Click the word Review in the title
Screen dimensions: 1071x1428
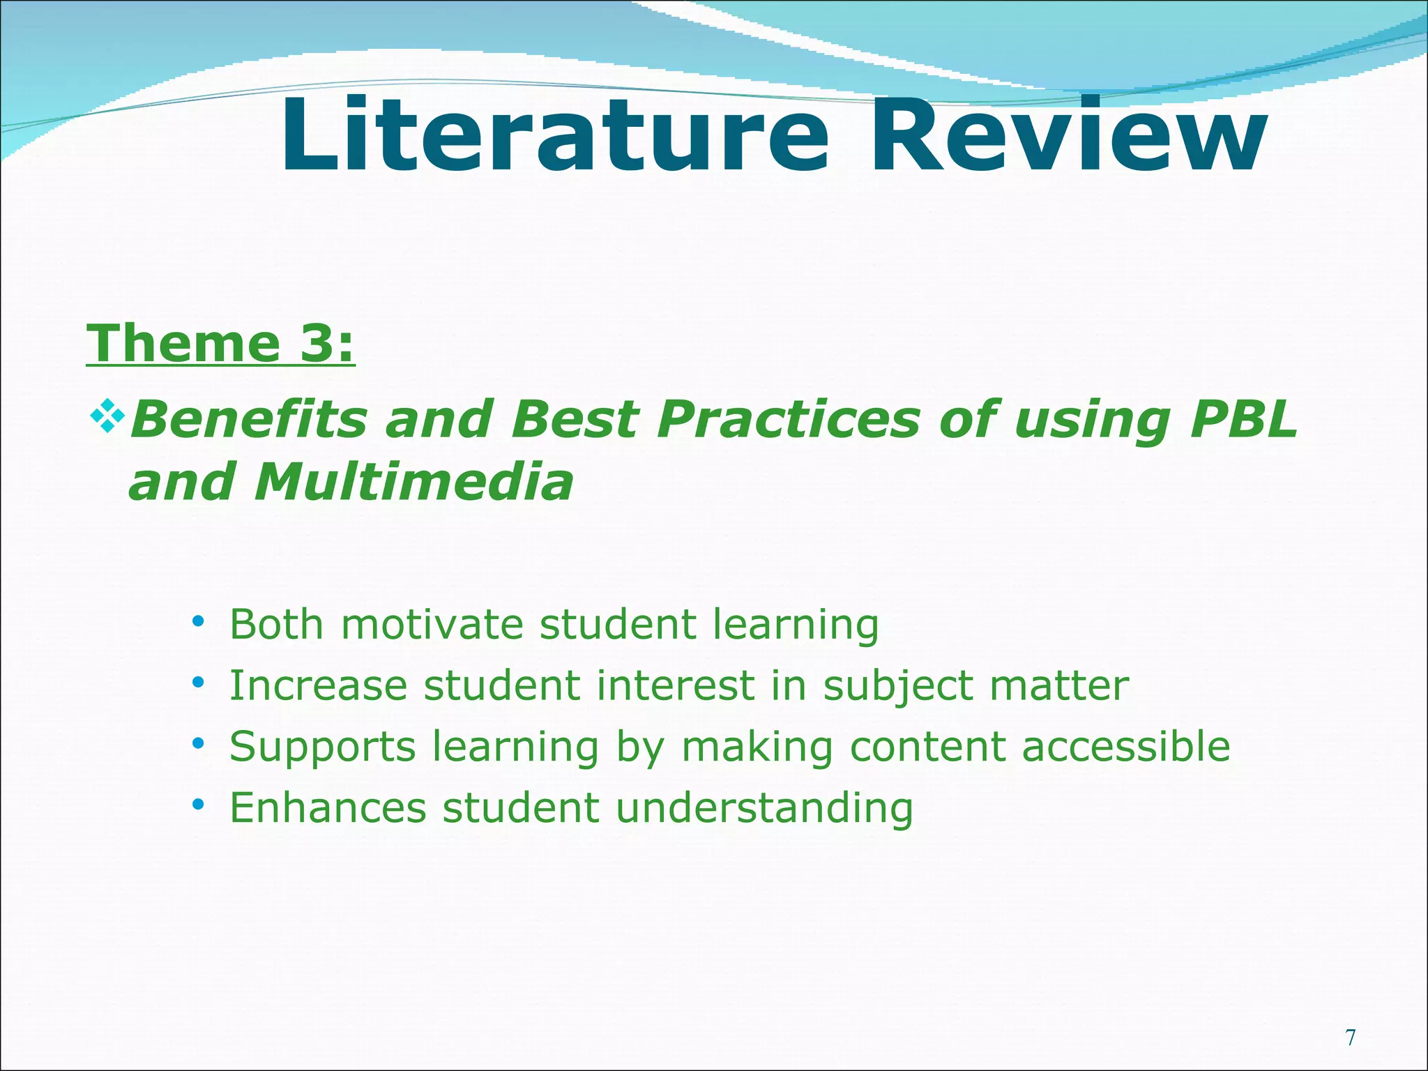pyautogui.click(x=1068, y=136)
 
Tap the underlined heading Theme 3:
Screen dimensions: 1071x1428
pyautogui.click(x=220, y=343)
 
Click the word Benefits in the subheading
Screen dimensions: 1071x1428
pyautogui.click(x=248, y=420)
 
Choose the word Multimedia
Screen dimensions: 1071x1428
pyautogui.click(x=413, y=483)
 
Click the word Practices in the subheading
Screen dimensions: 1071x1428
pyautogui.click(x=789, y=420)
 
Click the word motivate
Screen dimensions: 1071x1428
pyautogui.click(x=432, y=624)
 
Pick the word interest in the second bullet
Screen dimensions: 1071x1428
pyautogui.click(x=675, y=685)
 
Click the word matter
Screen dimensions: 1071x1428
pyautogui.click(x=1059, y=685)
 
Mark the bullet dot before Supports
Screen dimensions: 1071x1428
pyautogui.click(x=199, y=743)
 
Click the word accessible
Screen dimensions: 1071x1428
pyautogui.click(x=1125, y=747)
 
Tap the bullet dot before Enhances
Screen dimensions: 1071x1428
pyautogui.click(x=199, y=804)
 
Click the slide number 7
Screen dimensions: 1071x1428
pyautogui.click(x=1350, y=1038)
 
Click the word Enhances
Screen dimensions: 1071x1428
pyautogui.click(x=328, y=808)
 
